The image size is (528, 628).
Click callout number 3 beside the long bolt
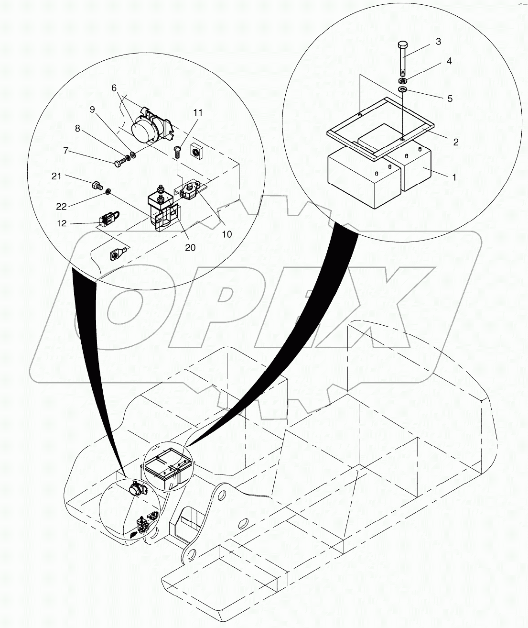click(438, 42)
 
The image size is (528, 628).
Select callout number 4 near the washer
click(449, 61)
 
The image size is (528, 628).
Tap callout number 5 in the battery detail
click(450, 99)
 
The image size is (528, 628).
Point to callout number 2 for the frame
click(455, 142)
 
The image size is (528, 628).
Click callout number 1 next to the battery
click(454, 177)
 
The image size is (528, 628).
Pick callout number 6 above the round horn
click(114, 88)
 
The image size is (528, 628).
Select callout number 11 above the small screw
click(198, 113)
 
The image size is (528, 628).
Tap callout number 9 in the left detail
click(92, 109)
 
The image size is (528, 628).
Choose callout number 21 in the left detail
click(56, 176)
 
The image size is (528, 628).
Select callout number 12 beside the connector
click(62, 223)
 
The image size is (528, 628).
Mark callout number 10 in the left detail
click(226, 234)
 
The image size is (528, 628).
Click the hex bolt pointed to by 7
click(119, 163)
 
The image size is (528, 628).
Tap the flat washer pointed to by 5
click(402, 89)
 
